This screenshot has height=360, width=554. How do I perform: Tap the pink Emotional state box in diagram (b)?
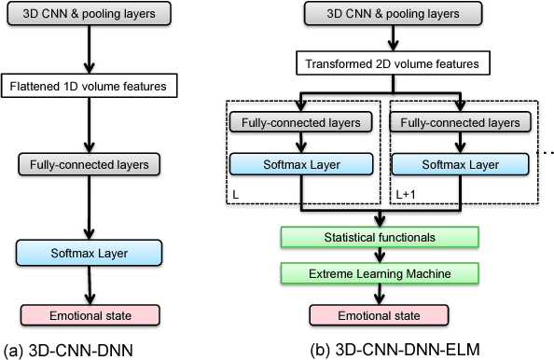click(378, 316)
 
